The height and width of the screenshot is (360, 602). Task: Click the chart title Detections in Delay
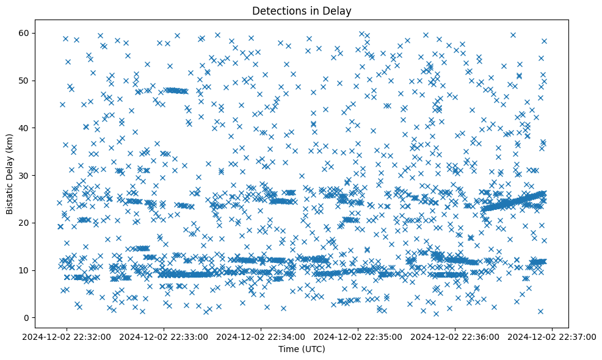click(302, 11)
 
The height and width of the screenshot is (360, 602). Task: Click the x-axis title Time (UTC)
click(302, 350)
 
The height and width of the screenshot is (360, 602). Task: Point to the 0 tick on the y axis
click(27, 318)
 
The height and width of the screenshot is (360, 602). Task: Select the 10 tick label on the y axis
click(24, 270)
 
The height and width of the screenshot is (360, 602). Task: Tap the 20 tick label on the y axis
click(24, 223)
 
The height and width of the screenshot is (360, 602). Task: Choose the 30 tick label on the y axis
click(24, 175)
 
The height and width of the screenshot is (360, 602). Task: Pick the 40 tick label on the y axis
click(24, 128)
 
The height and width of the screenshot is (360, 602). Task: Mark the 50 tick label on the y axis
click(24, 81)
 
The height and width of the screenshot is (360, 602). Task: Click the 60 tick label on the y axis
click(24, 33)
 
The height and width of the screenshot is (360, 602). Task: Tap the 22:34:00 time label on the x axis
click(261, 336)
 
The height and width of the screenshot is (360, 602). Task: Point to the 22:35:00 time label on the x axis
click(358, 336)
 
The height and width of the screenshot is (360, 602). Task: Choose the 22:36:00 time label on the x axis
click(455, 336)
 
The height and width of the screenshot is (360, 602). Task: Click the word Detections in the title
click(278, 11)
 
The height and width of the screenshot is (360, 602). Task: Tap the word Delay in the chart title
click(338, 11)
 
